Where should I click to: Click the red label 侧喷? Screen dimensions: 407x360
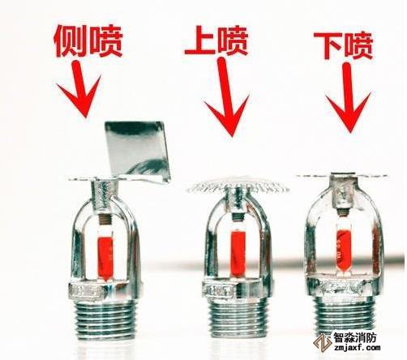click(88, 41)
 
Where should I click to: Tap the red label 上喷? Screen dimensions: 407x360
click(216, 41)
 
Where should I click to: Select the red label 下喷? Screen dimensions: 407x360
click(344, 45)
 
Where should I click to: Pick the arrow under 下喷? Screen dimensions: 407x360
click(348, 97)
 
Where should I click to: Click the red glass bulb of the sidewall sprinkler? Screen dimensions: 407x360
click(105, 258)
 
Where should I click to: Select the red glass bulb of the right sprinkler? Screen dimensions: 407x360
click(343, 248)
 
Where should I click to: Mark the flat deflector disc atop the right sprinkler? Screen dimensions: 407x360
click(342, 176)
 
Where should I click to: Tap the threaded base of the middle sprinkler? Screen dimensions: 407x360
click(238, 317)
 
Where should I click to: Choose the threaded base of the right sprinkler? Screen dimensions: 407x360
click(344, 314)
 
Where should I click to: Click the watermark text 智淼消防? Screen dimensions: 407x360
click(355, 336)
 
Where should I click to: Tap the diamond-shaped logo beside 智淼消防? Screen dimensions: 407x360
click(323, 342)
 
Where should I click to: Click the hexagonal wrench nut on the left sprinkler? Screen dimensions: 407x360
click(99, 290)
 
